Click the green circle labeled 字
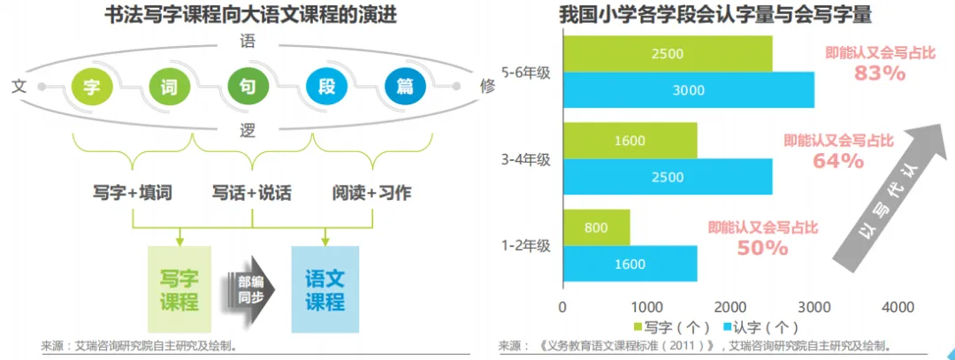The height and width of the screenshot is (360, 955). (90, 87)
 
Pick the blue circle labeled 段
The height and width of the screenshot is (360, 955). (325, 87)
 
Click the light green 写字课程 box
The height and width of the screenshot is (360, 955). (180, 290)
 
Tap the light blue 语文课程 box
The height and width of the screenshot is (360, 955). (325, 290)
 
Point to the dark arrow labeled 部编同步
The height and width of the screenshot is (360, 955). (251, 289)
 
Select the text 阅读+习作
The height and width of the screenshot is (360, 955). (371, 192)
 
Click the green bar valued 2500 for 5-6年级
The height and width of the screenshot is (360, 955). (667, 54)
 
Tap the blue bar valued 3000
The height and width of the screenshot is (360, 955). (688, 89)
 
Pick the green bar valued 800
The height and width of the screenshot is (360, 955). (596, 227)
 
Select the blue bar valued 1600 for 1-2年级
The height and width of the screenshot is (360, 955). (630, 263)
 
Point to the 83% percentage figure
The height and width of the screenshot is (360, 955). (880, 75)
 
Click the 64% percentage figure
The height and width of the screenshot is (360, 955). (838, 161)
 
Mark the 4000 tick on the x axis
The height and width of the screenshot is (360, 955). (898, 307)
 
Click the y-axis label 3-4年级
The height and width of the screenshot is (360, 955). (525, 159)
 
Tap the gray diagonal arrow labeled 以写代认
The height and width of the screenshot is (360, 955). (889, 195)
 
